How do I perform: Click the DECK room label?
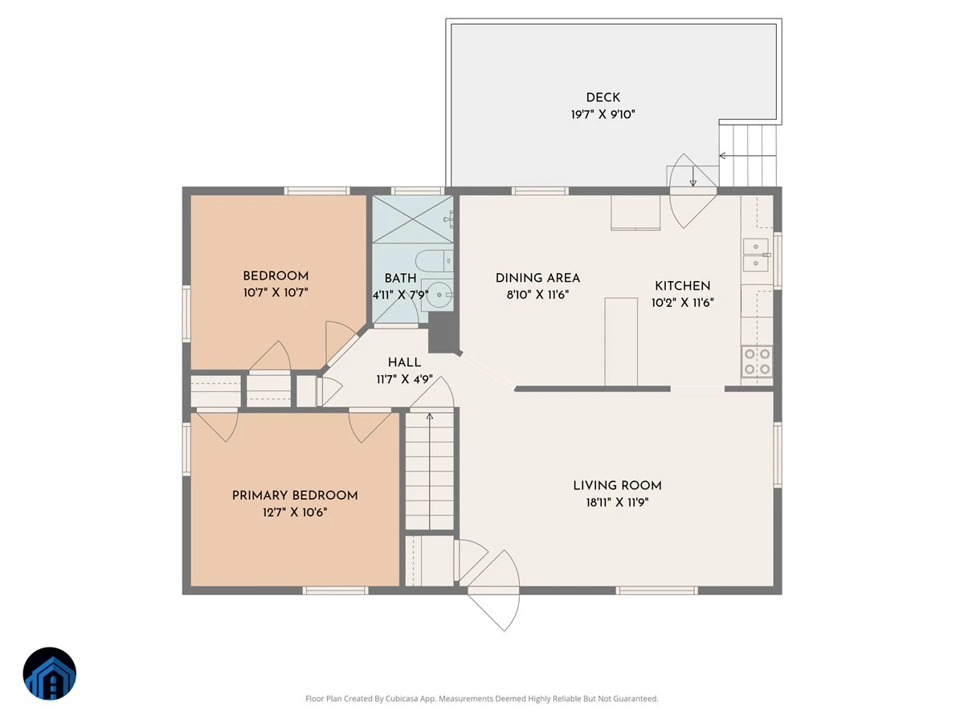[x=602, y=97]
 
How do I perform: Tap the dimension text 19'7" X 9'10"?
[x=602, y=115]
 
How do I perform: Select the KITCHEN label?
[x=682, y=286]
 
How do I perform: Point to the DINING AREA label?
[x=537, y=278]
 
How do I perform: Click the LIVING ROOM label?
[x=617, y=485]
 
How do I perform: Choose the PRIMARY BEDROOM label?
[x=295, y=495]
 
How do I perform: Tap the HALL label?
[x=404, y=362]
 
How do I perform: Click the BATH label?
[x=400, y=278]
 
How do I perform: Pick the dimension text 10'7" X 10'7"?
[x=276, y=292]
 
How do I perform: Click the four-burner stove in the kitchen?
[x=757, y=361]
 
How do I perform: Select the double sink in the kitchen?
[x=755, y=255]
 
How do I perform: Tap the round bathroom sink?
[x=439, y=295]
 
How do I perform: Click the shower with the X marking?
[x=412, y=219]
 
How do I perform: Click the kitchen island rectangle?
[x=620, y=341]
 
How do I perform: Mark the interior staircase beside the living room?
[x=429, y=471]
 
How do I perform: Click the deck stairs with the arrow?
[x=747, y=155]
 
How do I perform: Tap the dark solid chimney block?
[x=443, y=333]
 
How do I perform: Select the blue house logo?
[x=50, y=673]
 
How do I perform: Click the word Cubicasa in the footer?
[x=402, y=698]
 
